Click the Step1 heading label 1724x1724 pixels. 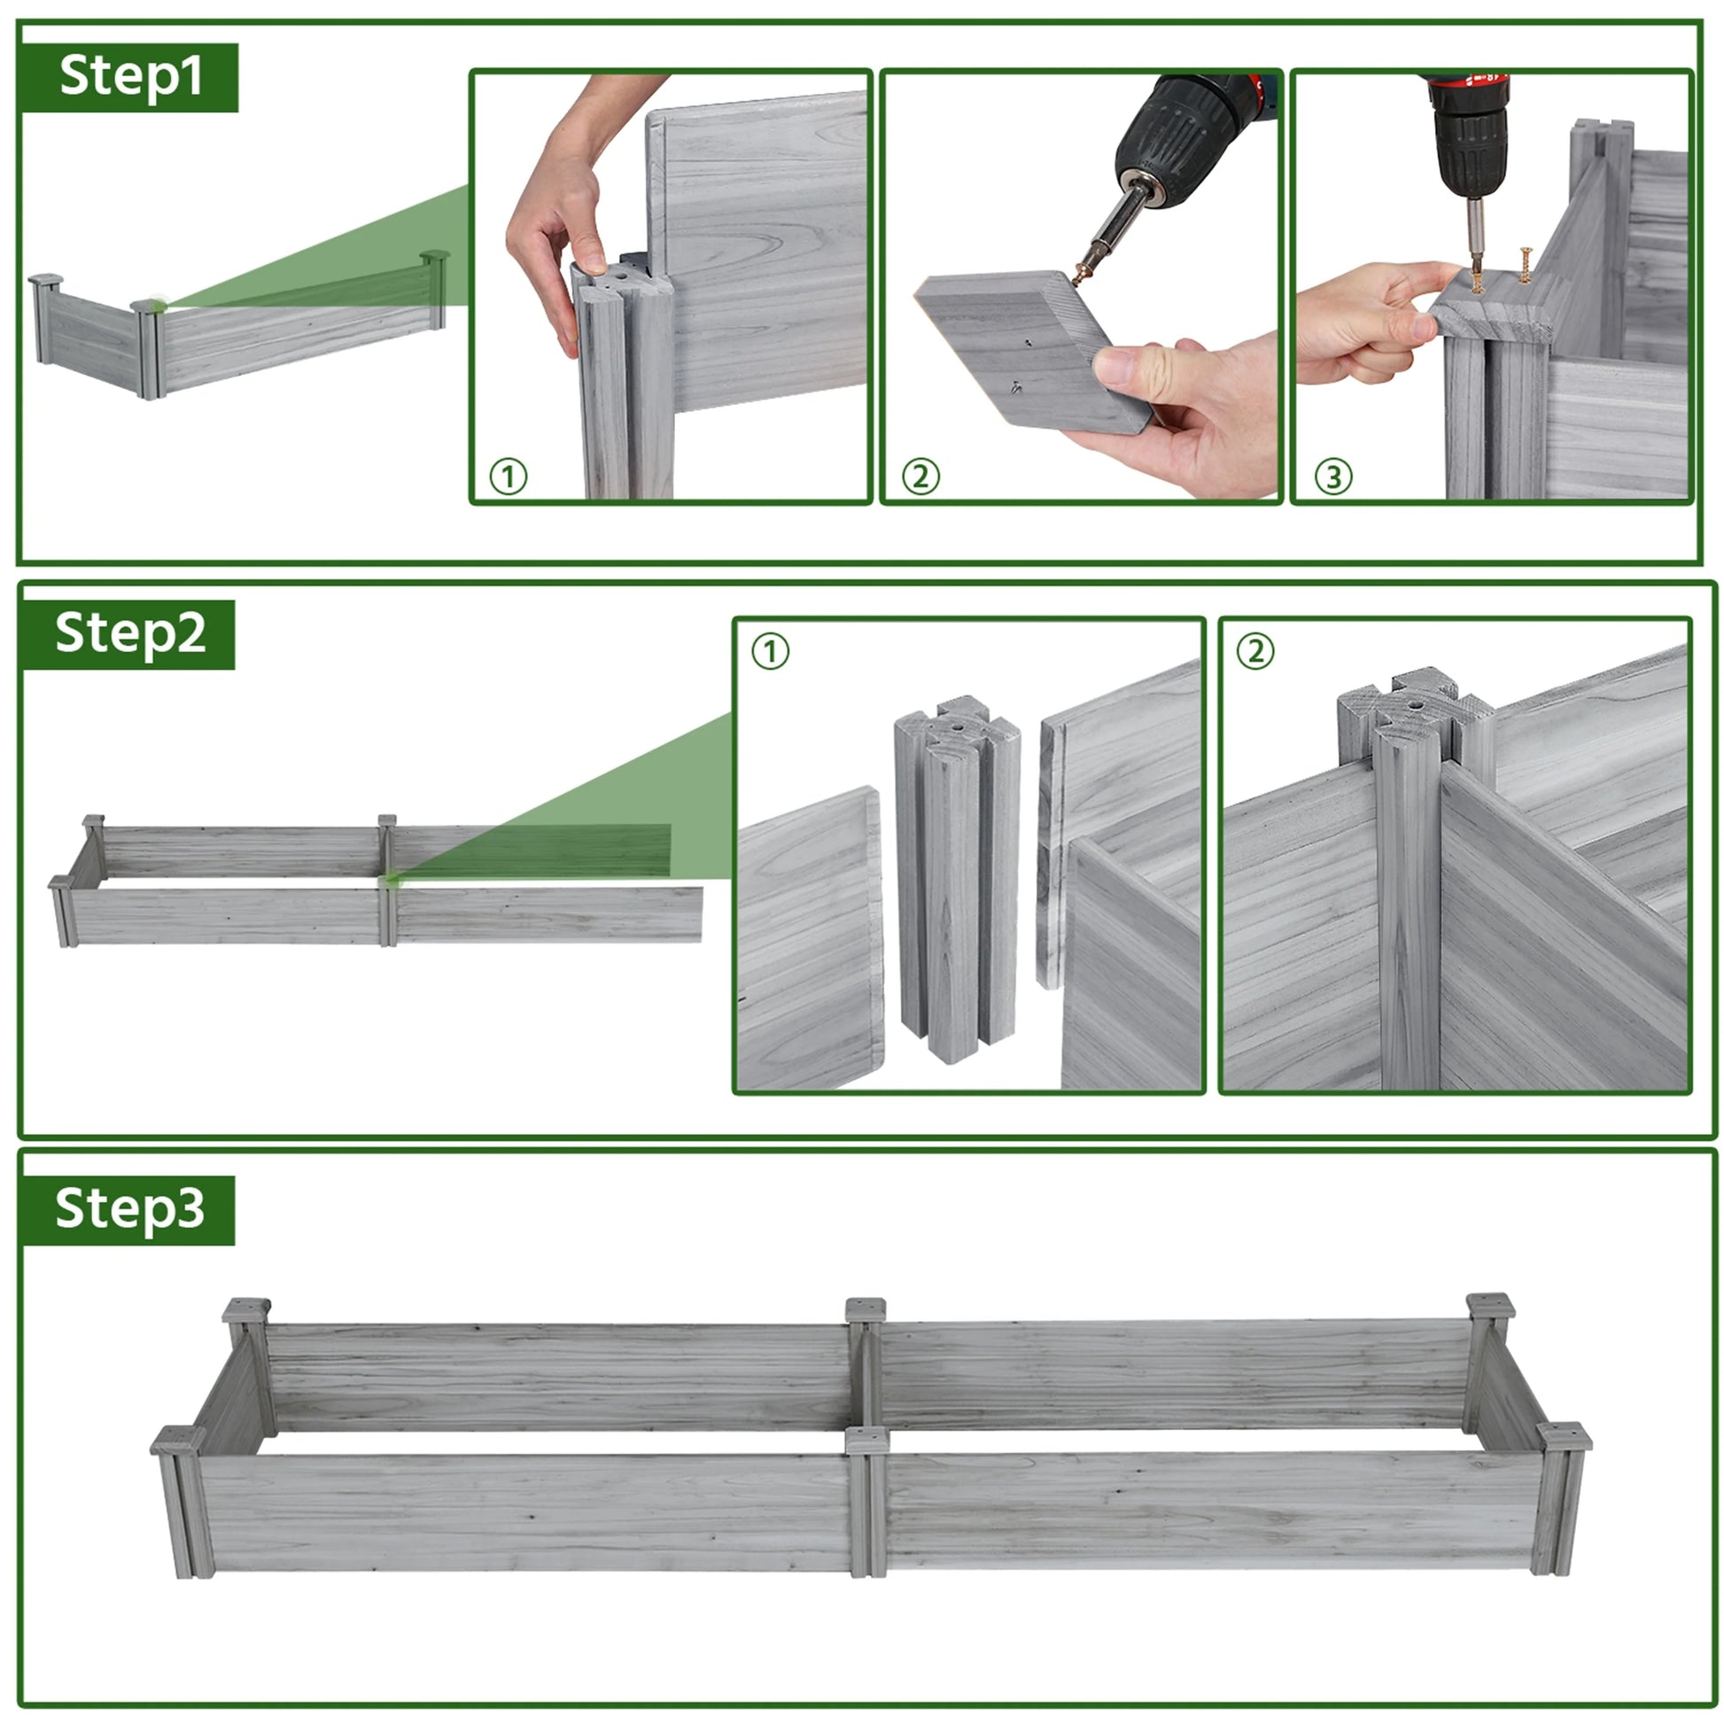pyautogui.click(x=130, y=78)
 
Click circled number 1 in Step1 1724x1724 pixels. pyautogui.click(x=509, y=478)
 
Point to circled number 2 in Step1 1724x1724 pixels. pyautogui.click(x=920, y=478)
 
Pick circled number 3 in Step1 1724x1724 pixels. pyautogui.click(x=1333, y=478)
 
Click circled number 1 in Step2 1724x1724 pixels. pyautogui.click(x=770, y=651)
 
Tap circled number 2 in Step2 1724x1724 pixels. pyautogui.click(x=1254, y=651)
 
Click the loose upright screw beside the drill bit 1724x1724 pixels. pyautogui.click(x=1525, y=265)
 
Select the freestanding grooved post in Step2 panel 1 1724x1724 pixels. pyautogui.click(x=958, y=879)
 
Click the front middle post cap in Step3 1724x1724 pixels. pyautogui.click(x=867, y=1440)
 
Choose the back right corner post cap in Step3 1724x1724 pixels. pyautogui.click(x=1490, y=1307)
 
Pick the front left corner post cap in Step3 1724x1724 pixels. pyautogui.click(x=177, y=1441)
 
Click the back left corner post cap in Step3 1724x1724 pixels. pyautogui.click(x=246, y=1311)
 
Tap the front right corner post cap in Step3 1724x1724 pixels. pyautogui.click(x=1565, y=1437)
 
